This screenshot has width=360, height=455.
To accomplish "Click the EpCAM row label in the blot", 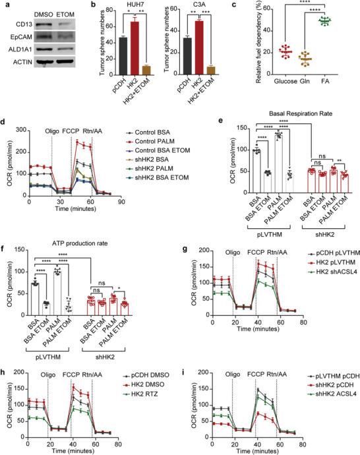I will coord(15,39).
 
